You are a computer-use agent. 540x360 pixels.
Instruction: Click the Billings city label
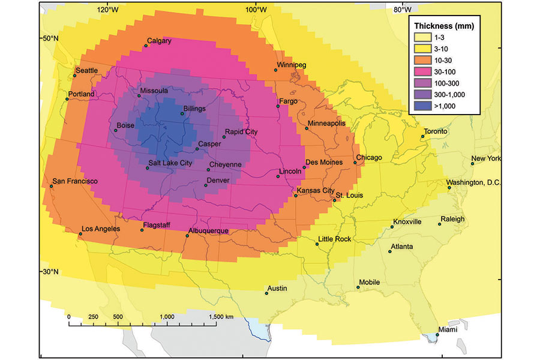[x=195, y=109]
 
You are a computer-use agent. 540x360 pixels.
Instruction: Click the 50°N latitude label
[x=50, y=38]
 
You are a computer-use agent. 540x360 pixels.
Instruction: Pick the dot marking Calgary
[x=145, y=46]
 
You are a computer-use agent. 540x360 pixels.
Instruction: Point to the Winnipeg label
[x=292, y=64]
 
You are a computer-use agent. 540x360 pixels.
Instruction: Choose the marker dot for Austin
[x=266, y=294]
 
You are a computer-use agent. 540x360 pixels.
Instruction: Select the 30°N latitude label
[x=50, y=272]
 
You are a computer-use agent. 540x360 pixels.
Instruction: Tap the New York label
[x=485, y=159]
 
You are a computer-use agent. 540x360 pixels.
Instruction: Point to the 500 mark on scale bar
[x=118, y=316]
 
